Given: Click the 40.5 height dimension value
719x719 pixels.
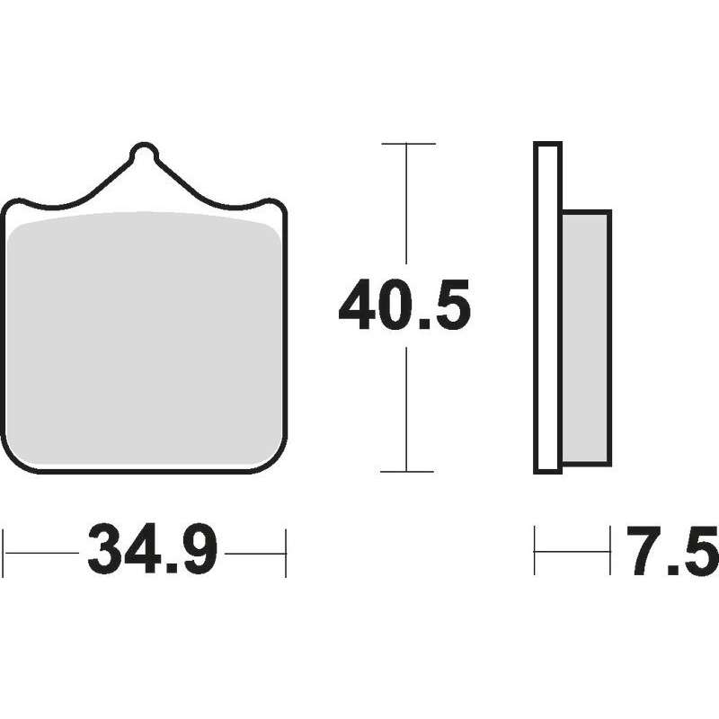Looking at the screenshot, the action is (404, 305).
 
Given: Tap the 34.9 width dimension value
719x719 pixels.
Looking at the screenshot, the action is (152, 549).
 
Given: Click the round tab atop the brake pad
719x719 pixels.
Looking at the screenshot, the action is (144, 153).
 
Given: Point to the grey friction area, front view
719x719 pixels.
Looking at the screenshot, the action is (145, 338).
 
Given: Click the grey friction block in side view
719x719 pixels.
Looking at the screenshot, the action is (587, 339).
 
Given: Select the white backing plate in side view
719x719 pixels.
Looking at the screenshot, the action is (547, 307).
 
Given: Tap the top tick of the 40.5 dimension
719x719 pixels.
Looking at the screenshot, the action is (408, 144).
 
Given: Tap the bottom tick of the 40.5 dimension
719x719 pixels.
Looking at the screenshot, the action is (407, 471).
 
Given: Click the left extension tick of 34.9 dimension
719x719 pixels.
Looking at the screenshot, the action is (3, 553).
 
